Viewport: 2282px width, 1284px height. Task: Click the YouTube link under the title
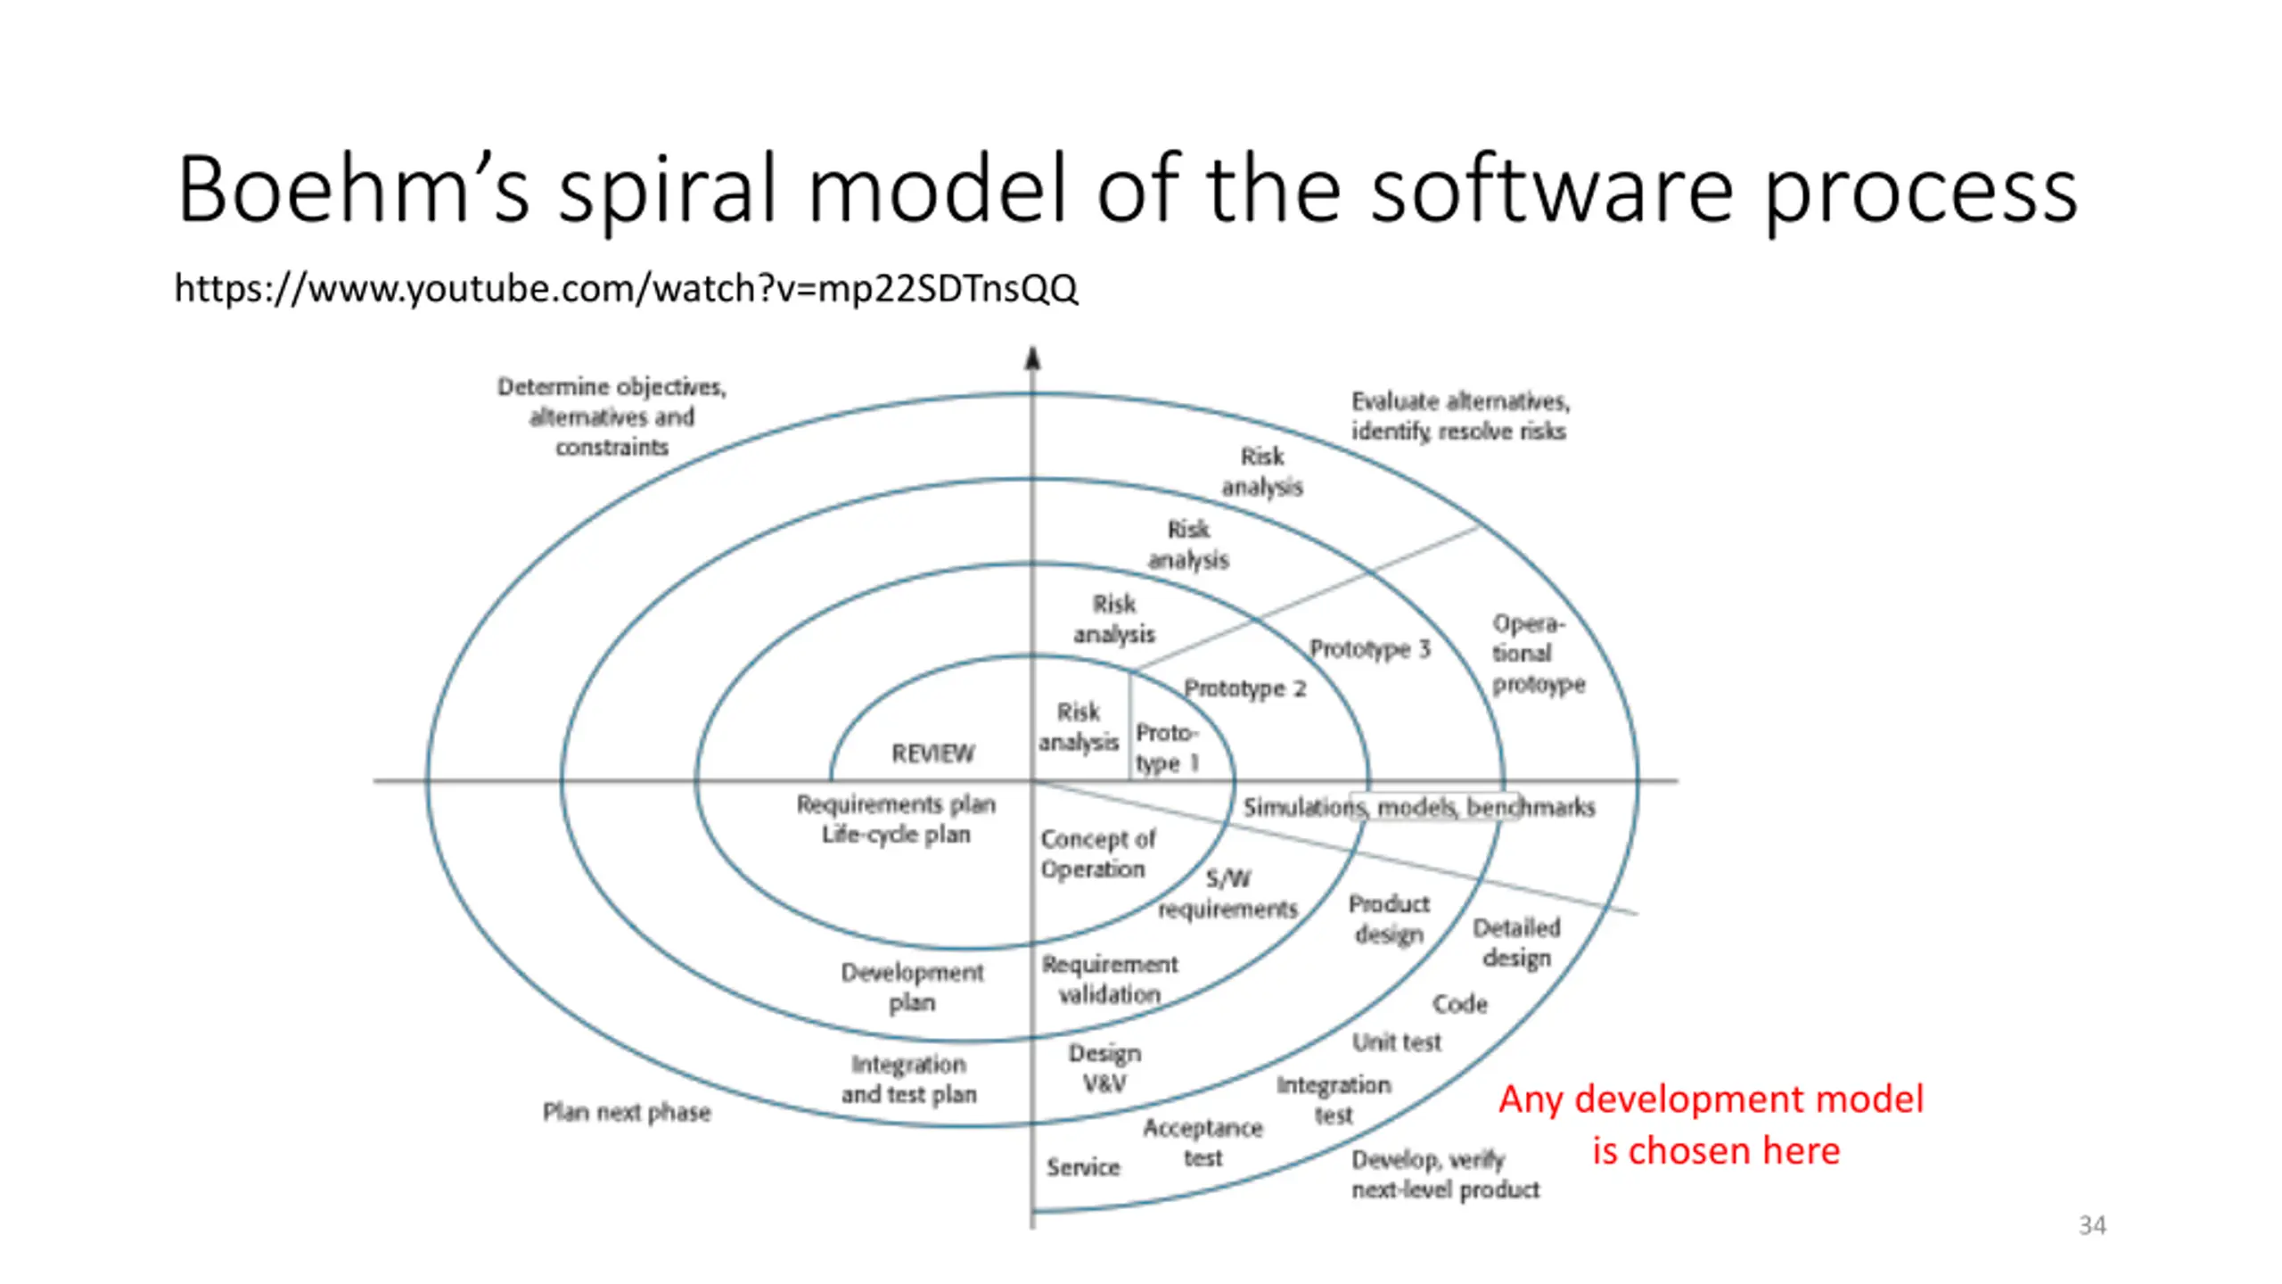626,289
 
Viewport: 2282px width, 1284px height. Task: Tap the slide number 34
2092,1225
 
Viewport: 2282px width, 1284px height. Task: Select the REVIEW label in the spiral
932,753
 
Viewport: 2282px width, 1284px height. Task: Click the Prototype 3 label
1369,649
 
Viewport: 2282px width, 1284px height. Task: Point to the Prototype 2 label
1244,688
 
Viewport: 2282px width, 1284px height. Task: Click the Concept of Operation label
1097,853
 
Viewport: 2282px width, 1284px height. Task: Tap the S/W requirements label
1227,893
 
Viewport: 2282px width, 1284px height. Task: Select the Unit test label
1396,1041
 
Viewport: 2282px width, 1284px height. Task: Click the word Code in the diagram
1460,1004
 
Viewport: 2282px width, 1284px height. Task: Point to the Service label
1082,1167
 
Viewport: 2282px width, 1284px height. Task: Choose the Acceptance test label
1203,1142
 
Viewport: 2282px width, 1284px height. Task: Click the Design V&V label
1104,1068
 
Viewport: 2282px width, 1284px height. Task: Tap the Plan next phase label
627,1112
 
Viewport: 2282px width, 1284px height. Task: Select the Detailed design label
1516,942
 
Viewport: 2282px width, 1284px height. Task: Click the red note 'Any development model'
1711,1099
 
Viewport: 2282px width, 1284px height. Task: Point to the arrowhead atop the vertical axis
1032,358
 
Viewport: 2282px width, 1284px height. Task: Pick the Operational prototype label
1538,654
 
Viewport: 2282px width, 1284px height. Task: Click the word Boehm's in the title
353,190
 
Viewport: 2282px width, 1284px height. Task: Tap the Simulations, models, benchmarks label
1418,807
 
